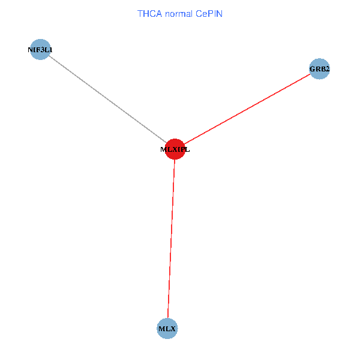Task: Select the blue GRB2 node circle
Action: click(319, 69)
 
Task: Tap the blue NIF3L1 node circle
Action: click(40, 50)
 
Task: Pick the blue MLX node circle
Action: click(167, 329)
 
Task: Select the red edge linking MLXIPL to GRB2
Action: click(246, 110)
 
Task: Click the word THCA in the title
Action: click(149, 13)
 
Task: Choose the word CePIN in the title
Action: click(209, 13)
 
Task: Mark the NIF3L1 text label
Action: click(40, 50)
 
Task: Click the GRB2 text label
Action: click(319, 70)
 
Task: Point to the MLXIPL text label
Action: click(175, 150)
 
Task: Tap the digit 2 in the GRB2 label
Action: click(327, 70)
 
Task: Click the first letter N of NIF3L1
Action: click(30, 50)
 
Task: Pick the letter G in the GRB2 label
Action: click(312, 70)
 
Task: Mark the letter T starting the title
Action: click(140, 13)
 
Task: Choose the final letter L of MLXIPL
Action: click(187, 150)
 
